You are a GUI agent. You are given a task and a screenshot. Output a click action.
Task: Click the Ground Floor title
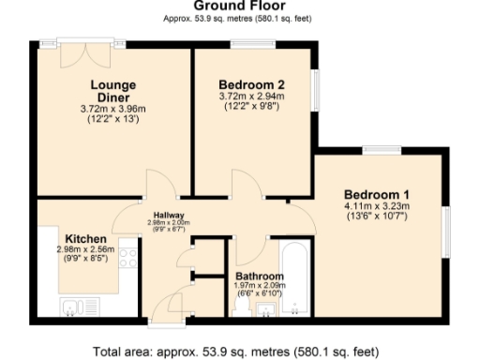[239, 6]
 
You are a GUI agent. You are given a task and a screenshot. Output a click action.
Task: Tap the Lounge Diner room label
[112, 92]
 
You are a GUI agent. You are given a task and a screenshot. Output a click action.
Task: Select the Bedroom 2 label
[251, 83]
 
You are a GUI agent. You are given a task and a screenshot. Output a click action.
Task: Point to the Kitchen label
[84, 238]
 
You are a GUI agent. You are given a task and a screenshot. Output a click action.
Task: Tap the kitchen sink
[72, 306]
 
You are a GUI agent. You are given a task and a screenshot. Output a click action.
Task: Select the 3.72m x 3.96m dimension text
[112, 109]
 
